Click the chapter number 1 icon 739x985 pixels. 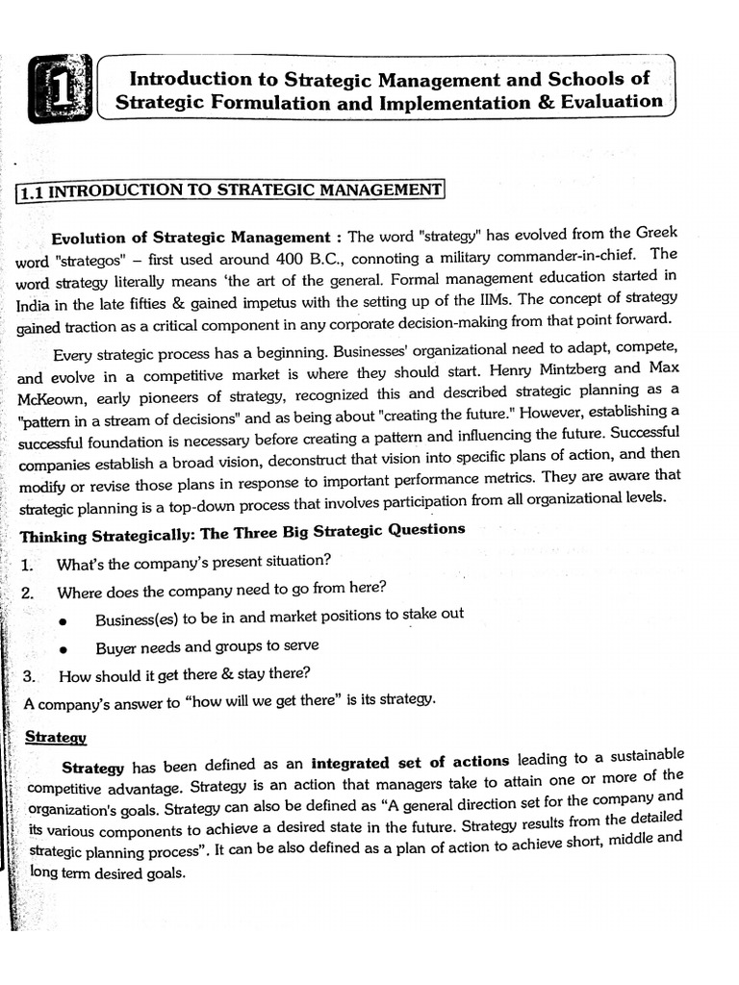tap(61, 88)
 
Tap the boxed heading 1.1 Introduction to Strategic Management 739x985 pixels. tap(231, 190)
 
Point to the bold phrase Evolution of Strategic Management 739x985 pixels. tap(190, 238)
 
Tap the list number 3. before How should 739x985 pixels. tap(28, 675)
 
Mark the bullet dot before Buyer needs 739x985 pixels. tap(63, 649)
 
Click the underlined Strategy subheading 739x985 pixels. tap(56, 737)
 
